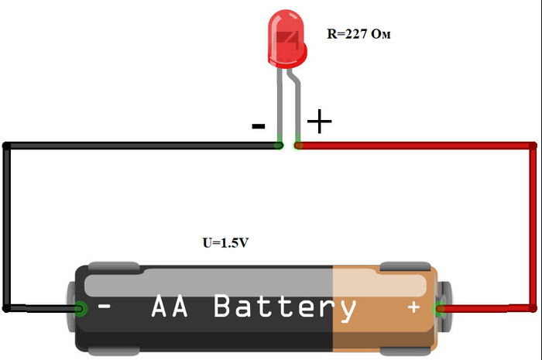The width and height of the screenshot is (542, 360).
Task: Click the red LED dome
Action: [x=286, y=43]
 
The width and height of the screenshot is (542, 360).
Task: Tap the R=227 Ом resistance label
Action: [x=355, y=34]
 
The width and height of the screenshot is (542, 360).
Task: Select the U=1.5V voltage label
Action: [x=225, y=242]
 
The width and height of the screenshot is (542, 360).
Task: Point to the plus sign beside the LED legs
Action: [x=319, y=122]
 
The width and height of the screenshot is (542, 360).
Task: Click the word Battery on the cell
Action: [x=284, y=307]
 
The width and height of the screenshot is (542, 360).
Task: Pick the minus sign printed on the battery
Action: [x=105, y=307]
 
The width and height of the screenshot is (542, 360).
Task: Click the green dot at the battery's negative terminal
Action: [x=80, y=310]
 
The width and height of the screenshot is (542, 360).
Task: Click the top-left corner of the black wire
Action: [x=7, y=145]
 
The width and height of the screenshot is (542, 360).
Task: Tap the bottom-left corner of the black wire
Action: [x=7, y=308]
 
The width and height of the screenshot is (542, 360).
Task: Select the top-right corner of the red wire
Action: [x=532, y=145]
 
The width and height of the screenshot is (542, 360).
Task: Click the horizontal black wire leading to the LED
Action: [x=139, y=145]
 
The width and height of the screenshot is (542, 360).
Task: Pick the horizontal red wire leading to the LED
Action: [x=410, y=145]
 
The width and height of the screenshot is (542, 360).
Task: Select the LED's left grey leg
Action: [x=280, y=108]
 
